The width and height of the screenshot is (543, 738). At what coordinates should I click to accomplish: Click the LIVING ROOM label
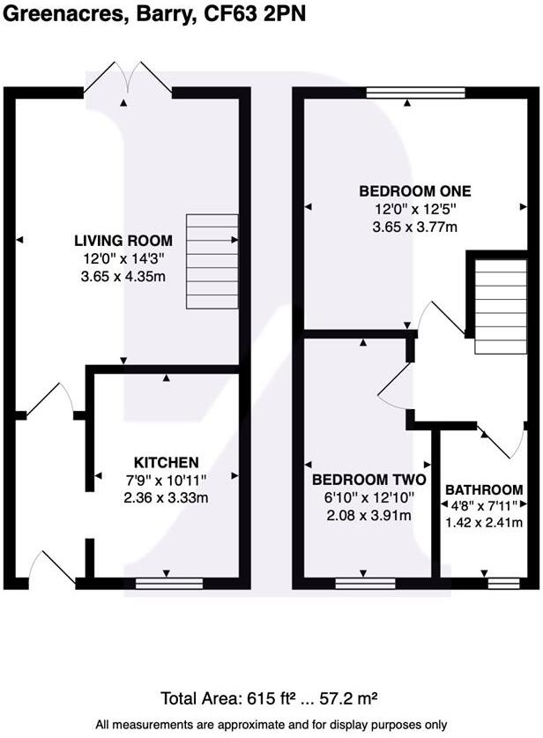[x=123, y=241]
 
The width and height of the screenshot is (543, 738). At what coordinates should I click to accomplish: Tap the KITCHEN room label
[x=166, y=462]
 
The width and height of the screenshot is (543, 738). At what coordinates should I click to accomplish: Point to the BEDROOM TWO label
[x=369, y=481]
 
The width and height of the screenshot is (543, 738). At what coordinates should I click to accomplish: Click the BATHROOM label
[x=484, y=489]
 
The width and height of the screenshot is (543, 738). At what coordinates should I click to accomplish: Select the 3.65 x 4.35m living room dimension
[x=123, y=277]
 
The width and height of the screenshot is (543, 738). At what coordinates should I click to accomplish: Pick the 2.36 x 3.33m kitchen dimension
[x=166, y=498]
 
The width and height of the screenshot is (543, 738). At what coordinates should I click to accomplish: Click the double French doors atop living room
[x=129, y=79]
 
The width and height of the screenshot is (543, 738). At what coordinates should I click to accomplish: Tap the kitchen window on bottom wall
[x=168, y=583]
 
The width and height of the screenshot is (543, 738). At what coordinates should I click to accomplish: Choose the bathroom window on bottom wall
[x=503, y=583]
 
